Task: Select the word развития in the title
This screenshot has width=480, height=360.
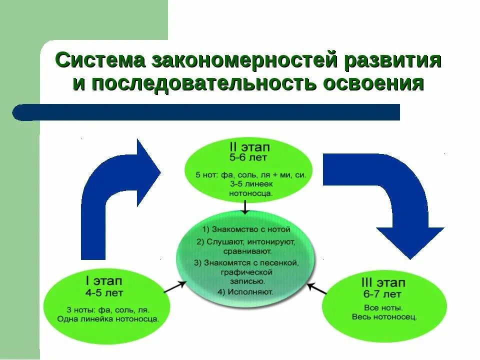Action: pyautogui.click(x=392, y=61)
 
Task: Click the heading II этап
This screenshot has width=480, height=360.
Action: pyautogui.click(x=249, y=148)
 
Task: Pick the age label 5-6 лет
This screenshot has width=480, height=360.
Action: pyautogui.click(x=249, y=158)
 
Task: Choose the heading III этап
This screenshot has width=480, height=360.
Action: pyautogui.click(x=382, y=283)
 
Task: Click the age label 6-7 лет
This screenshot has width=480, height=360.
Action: pyautogui.click(x=382, y=294)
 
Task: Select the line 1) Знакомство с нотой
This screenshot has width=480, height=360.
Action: pyautogui.click(x=246, y=230)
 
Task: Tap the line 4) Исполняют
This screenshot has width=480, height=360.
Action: pyautogui.click(x=245, y=290)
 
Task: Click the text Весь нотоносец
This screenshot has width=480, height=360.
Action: pyautogui.click(x=384, y=317)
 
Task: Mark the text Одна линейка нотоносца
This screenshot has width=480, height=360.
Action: pyautogui.click(x=108, y=318)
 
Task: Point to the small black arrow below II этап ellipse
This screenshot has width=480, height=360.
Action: pyautogui.click(x=245, y=206)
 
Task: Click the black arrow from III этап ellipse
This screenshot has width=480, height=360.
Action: pyautogui.click(x=316, y=288)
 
